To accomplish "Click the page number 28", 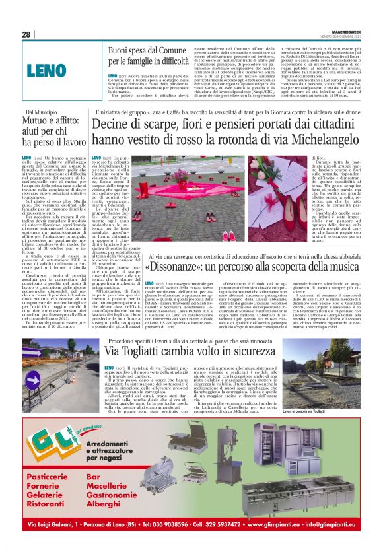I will point(26,34).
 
